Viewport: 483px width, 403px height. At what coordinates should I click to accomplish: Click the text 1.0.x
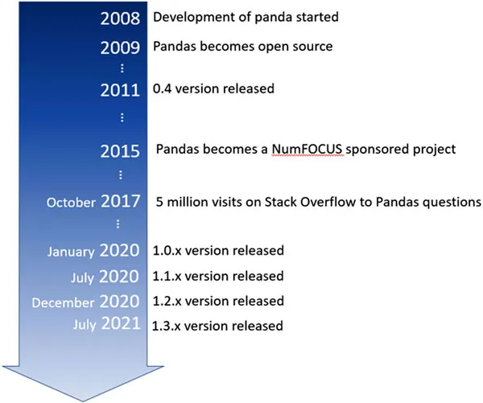166,251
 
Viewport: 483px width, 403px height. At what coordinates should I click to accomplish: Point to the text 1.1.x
166,276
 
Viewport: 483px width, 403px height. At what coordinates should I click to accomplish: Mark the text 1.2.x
166,302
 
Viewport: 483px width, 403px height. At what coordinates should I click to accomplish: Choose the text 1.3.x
166,327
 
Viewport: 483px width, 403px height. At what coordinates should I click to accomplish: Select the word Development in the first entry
187,17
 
